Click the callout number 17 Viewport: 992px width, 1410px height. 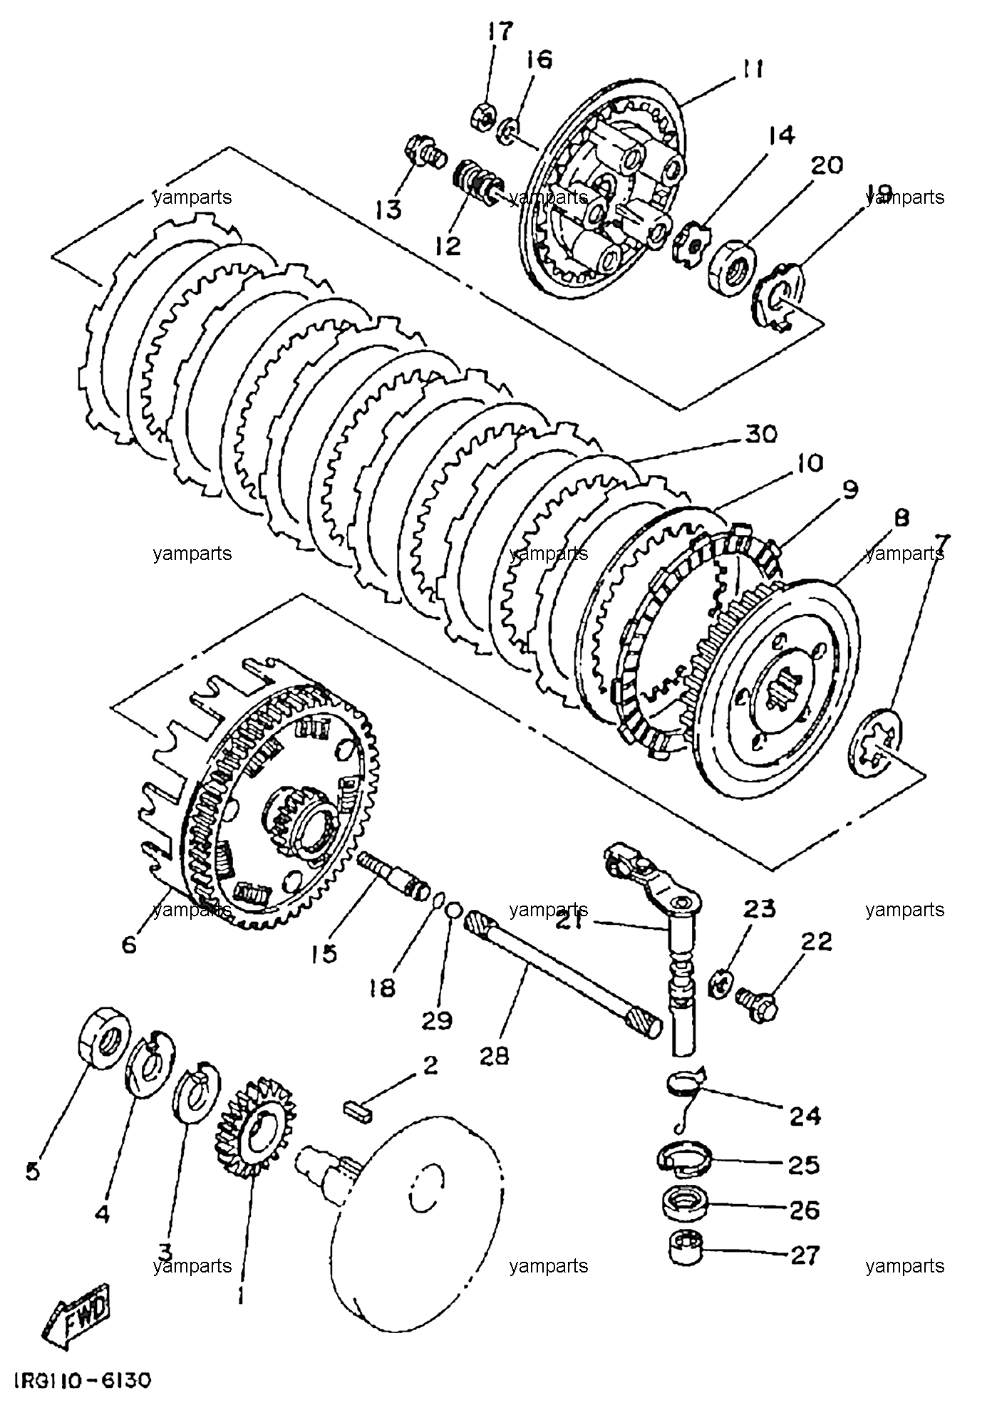click(x=500, y=33)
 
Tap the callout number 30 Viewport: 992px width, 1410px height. click(x=761, y=434)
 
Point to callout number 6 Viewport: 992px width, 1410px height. click(x=128, y=945)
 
